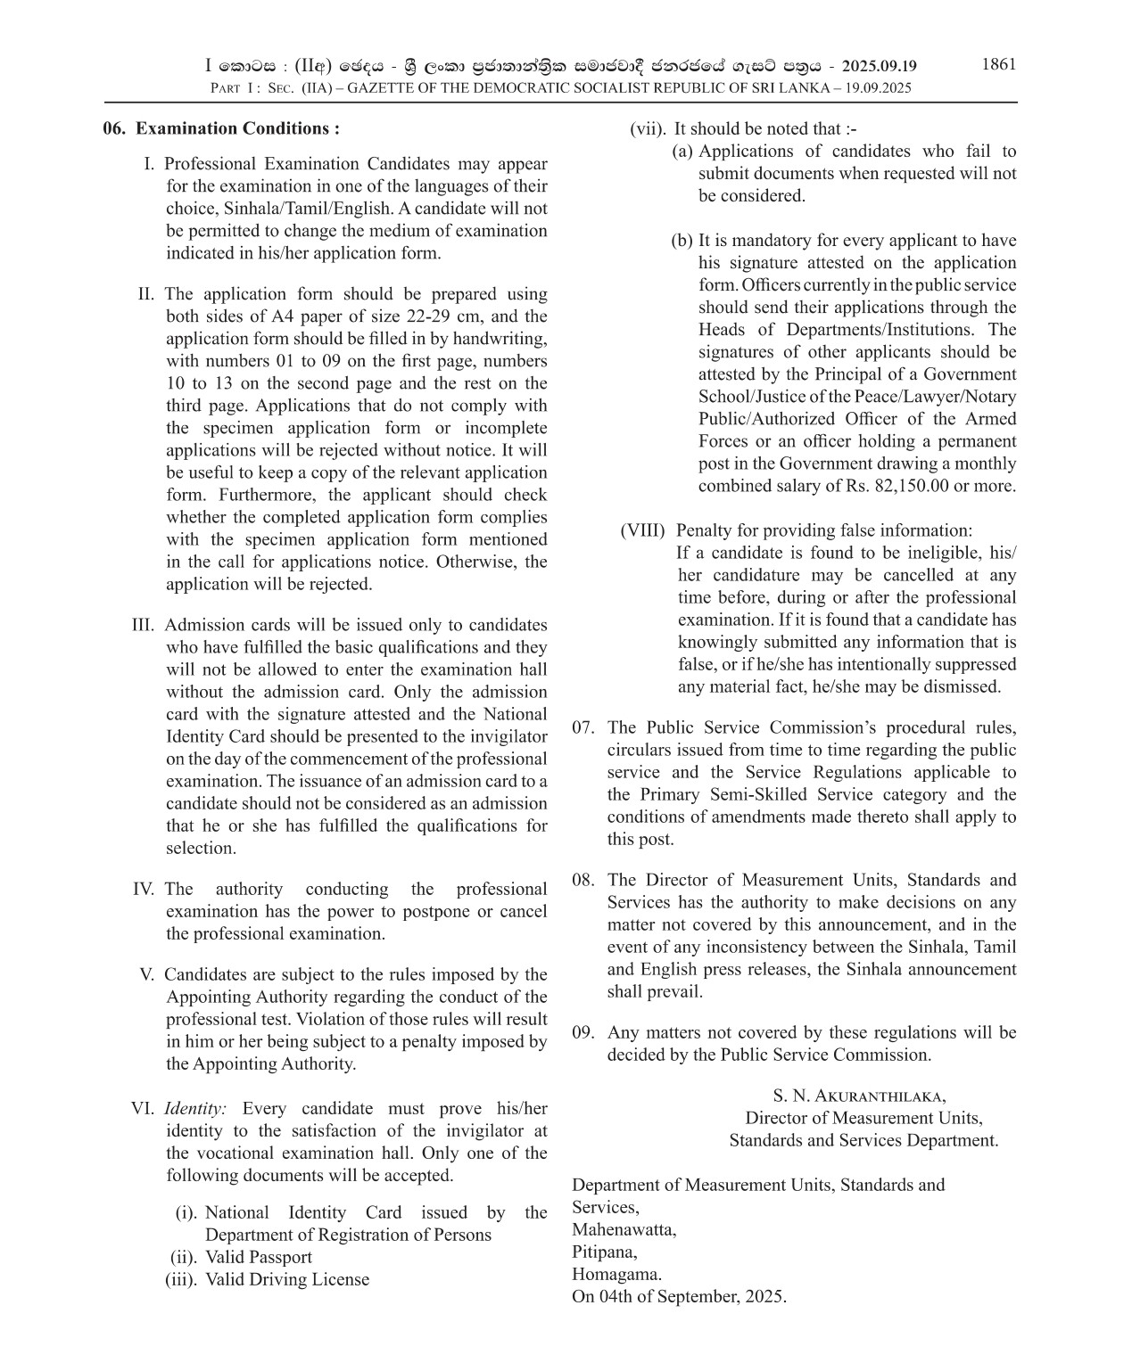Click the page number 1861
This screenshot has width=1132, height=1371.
tap(998, 64)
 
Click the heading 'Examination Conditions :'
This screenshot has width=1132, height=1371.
tap(237, 128)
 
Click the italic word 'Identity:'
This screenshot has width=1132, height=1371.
tap(195, 1109)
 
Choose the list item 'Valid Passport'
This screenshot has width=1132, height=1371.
tap(259, 1257)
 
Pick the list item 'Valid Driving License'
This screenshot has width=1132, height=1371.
tap(287, 1279)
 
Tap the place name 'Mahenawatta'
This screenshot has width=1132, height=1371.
tap(624, 1229)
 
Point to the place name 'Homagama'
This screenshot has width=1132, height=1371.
tap(616, 1274)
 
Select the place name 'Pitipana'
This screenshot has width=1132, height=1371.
tap(604, 1252)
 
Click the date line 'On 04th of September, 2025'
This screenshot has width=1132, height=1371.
tap(679, 1296)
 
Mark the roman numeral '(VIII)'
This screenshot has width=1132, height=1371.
tap(642, 530)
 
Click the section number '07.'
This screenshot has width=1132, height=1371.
tap(583, 727)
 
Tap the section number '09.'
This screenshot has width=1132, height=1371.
tap(583, 1032)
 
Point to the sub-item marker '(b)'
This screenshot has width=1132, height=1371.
tap(682, 241)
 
